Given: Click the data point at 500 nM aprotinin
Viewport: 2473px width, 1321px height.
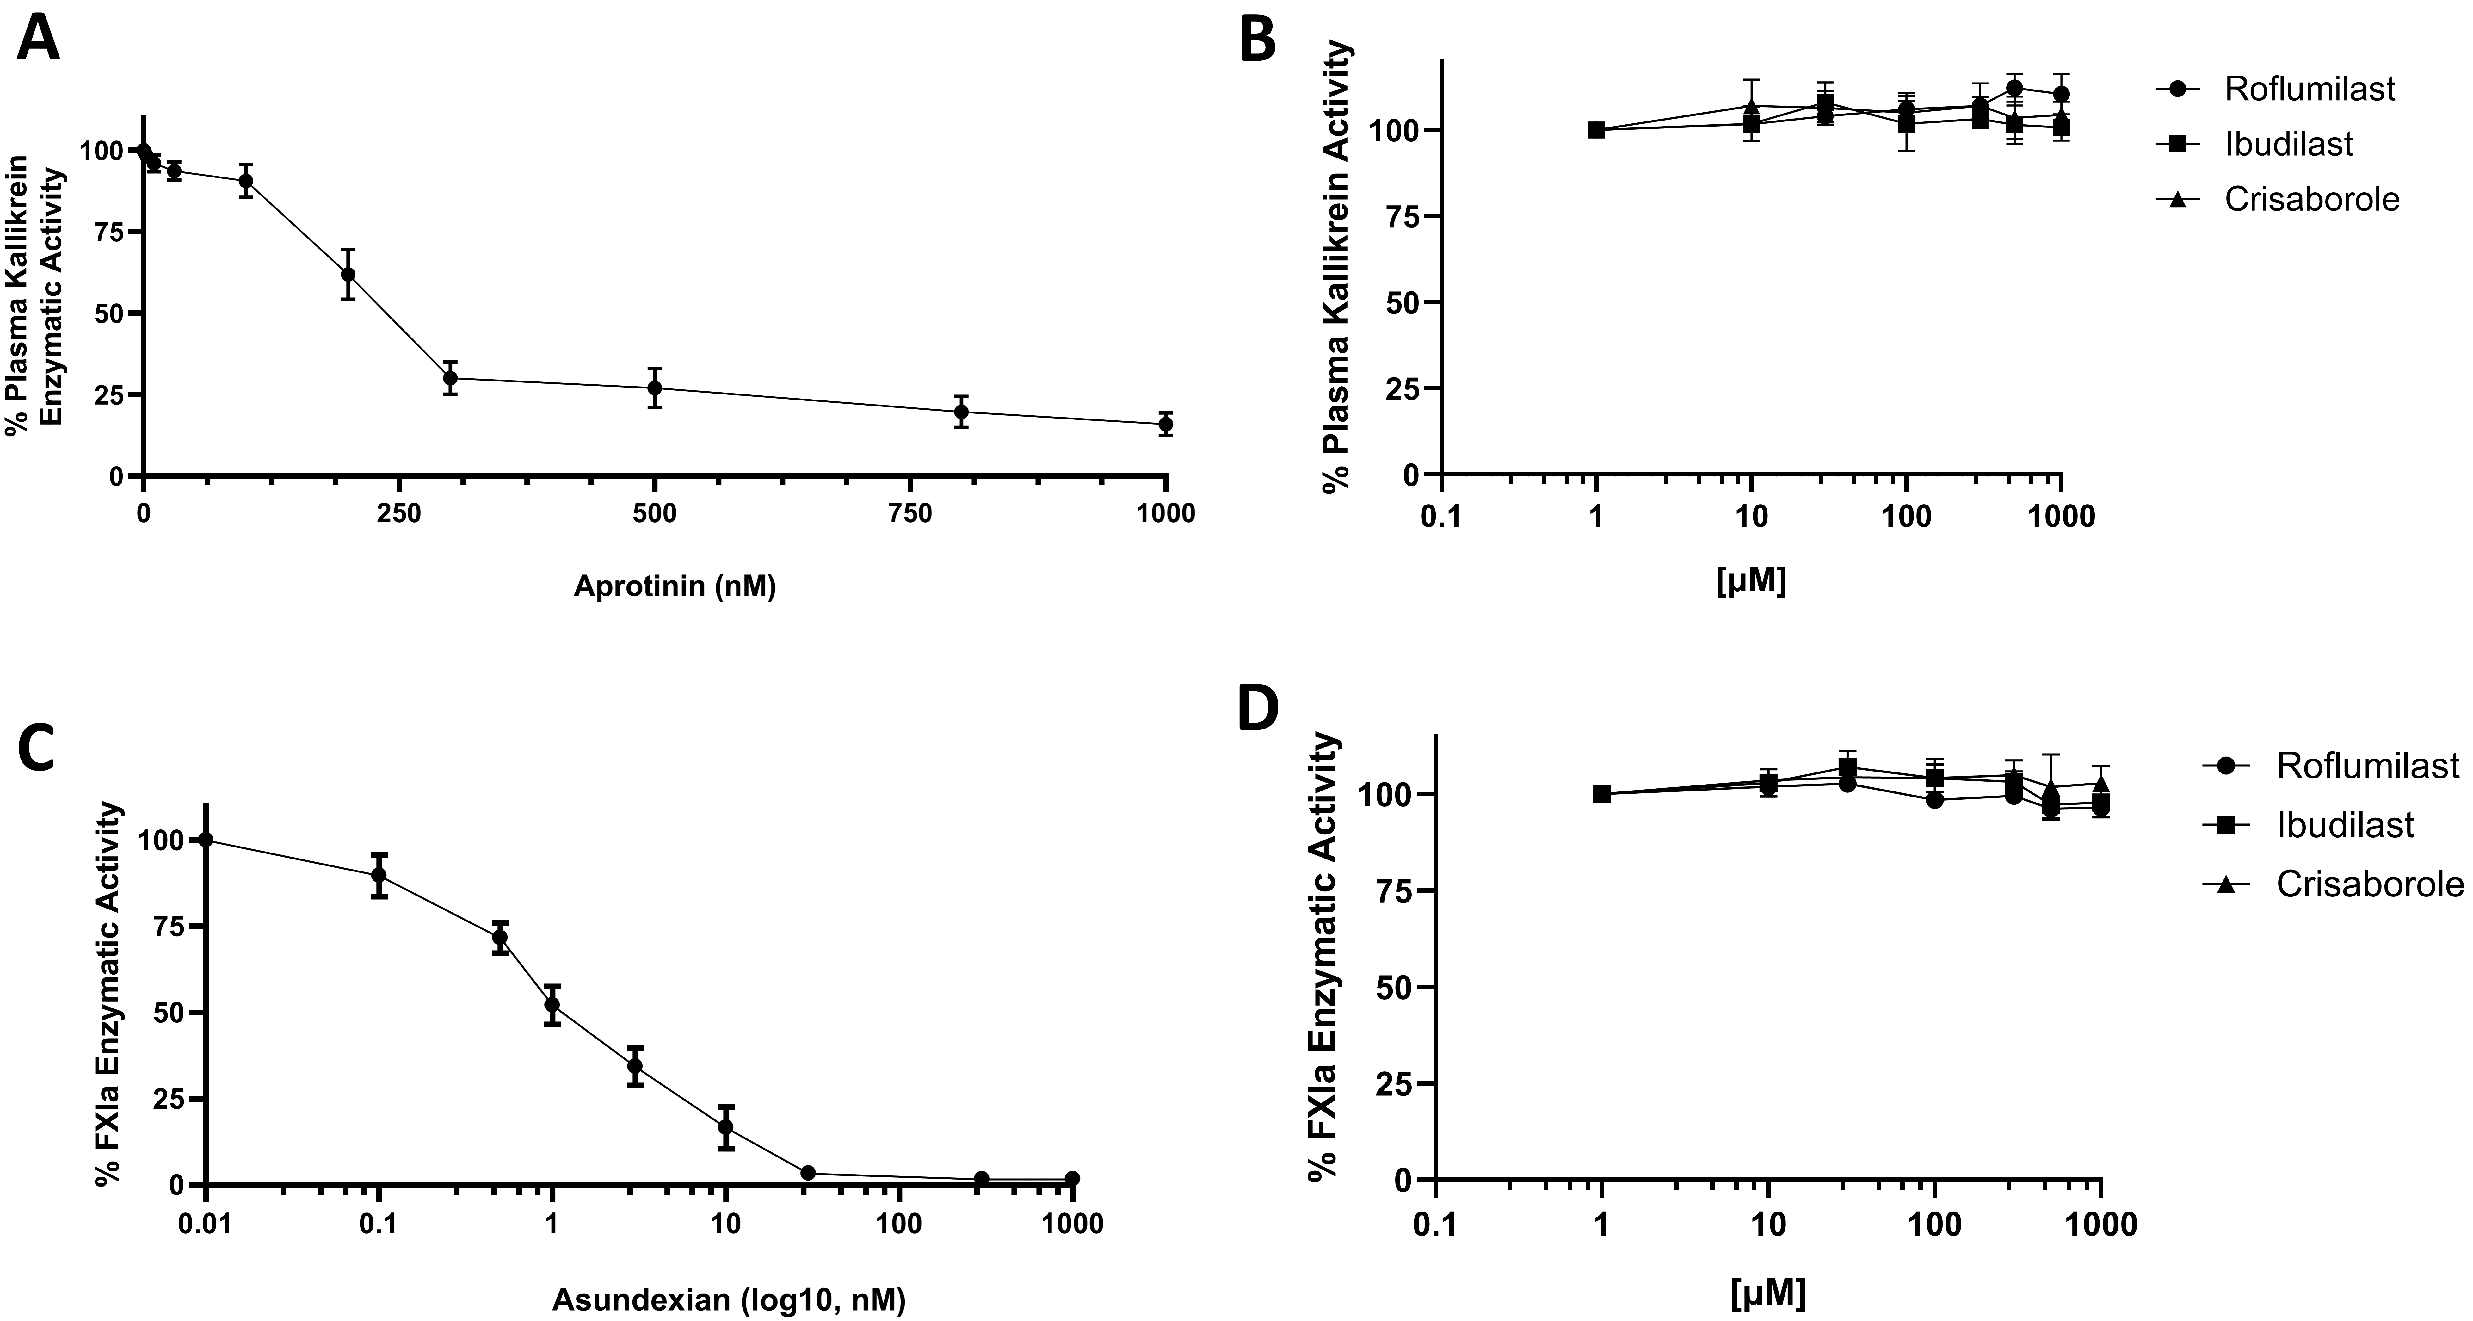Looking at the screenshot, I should point(655,388).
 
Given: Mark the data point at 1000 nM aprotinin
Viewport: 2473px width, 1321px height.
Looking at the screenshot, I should point(1165,423).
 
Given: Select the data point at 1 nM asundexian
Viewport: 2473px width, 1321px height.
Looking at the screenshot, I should point(552,1005).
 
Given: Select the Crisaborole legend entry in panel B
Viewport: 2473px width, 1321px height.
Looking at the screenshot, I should point(2311,200).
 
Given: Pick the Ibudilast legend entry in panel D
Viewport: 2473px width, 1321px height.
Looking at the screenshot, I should point(2344,825).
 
